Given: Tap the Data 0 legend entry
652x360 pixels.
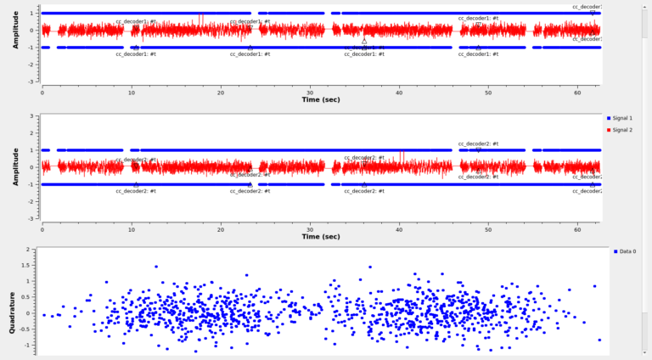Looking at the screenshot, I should pos(627,251).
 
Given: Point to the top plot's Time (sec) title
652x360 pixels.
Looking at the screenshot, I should pos(322,99).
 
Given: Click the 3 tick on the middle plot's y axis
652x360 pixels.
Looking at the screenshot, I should pos(32,116).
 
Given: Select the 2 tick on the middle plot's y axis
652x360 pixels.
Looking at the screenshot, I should pos(32,133).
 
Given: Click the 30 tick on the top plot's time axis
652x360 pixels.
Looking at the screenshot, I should pos(310,89).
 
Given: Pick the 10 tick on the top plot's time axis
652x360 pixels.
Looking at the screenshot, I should pos(131,89).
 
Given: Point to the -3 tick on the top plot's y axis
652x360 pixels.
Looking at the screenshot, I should pos(31,82).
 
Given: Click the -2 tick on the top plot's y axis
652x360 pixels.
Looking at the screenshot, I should pos(31,65).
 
